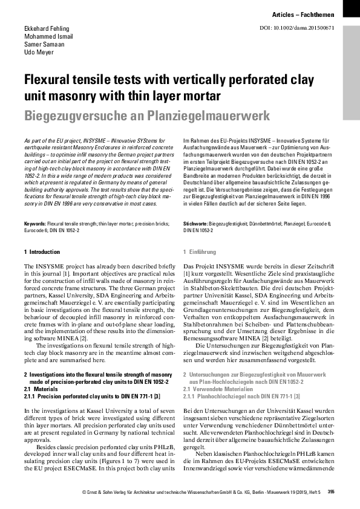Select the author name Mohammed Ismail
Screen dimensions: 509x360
tap(49, 37)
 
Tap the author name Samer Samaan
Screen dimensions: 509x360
tap(44, 45)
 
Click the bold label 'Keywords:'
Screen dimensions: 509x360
tap(34, 207)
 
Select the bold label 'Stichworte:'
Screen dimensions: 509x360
tap(196, 207)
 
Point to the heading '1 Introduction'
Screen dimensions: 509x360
tap(42, 251)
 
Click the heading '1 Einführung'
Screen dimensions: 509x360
tap(199, 251)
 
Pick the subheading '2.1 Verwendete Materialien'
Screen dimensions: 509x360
tap(214, 389)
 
